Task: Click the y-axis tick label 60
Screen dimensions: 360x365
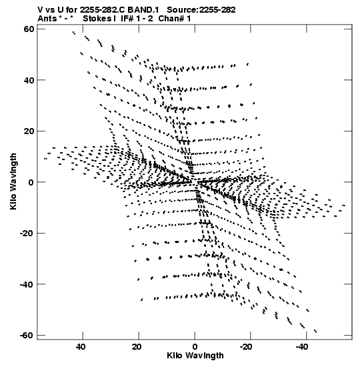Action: (29, 29)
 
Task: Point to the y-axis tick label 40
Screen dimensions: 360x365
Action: (29, 80)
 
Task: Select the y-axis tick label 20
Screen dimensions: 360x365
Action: (29, 131)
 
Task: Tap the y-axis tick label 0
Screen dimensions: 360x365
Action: (31, 182)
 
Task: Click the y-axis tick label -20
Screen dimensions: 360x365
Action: (27, 233)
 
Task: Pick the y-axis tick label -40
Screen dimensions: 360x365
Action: (27, 284)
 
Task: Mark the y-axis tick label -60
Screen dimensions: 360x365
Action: (27, 335)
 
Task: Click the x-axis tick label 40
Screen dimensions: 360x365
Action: (81, 347)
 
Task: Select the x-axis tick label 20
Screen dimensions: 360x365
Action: (136, 347)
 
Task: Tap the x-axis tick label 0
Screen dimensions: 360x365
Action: (195, 347)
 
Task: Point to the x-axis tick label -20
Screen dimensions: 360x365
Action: (246, 347)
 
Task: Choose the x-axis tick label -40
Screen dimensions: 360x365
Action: (302, 347)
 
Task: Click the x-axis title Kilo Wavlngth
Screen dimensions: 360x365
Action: (195, 356)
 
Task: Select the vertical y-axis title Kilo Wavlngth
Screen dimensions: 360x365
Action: (13, 181)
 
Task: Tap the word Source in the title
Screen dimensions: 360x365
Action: (182, 10)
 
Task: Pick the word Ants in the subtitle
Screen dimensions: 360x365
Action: (47, 19)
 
